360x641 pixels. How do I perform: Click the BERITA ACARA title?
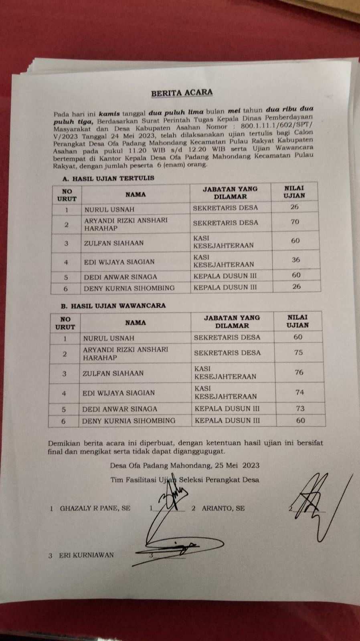point(182,93)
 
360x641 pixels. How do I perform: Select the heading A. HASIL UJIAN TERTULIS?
point(108,178)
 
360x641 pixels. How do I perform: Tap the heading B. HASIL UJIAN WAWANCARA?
point(113,306)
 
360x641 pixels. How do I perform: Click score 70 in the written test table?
point(295,222)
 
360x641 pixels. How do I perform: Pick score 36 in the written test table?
point(296,260)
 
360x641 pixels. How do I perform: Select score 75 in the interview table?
point(298,353)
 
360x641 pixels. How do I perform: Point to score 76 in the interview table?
point(299,372)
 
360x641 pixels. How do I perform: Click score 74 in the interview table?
point(299,392)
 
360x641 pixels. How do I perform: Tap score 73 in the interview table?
point(300,409)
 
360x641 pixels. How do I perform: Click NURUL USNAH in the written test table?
point(109,210)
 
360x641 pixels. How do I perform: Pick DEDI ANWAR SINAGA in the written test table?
point(120,277)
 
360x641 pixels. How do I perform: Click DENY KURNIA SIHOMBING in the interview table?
point(129,421)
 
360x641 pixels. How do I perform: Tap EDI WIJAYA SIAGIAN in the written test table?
point(119,262)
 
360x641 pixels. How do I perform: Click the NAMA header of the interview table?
point(135,323)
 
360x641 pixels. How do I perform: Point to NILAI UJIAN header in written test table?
point(294,192)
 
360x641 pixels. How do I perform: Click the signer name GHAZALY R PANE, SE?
point(95,508)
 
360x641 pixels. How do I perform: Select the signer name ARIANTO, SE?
point(223,508)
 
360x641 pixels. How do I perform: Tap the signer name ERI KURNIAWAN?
point(86,555)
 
